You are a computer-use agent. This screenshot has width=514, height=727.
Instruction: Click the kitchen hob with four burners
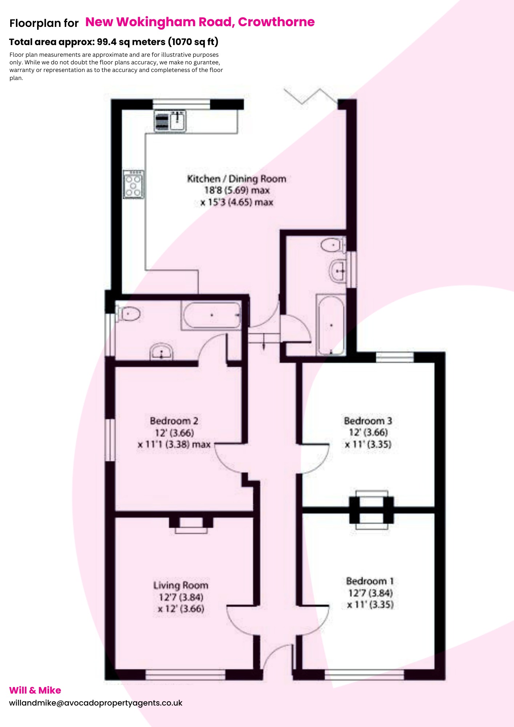[x=133, y=184]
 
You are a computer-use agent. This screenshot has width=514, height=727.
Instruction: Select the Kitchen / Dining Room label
[x=236, y=179]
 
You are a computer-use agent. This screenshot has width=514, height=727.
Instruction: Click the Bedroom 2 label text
[x=174, y=421]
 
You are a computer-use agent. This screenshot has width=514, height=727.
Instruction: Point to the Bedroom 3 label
[x=368, y=421]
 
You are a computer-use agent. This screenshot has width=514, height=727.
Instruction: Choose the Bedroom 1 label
[x=370, y=581]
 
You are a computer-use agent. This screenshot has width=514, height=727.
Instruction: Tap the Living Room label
[x=181, y=585]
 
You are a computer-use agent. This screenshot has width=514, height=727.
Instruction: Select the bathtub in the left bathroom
[x=212, y=315]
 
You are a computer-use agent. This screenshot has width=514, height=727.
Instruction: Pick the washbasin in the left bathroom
[x=161, y=352]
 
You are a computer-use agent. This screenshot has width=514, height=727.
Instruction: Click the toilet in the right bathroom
[x=333, y=245]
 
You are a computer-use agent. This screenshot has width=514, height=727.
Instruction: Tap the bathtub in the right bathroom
[x=331, y=325]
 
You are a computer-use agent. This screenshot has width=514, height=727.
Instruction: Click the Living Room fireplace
[x=191, y=525]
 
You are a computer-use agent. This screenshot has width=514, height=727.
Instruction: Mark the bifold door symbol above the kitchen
[x=311, y=96]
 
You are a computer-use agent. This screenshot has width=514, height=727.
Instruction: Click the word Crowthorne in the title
[x=276, y=22]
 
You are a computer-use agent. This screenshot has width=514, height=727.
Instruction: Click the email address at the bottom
[x=96, y=703]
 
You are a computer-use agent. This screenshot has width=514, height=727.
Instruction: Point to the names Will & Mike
[x=35, y=690]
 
